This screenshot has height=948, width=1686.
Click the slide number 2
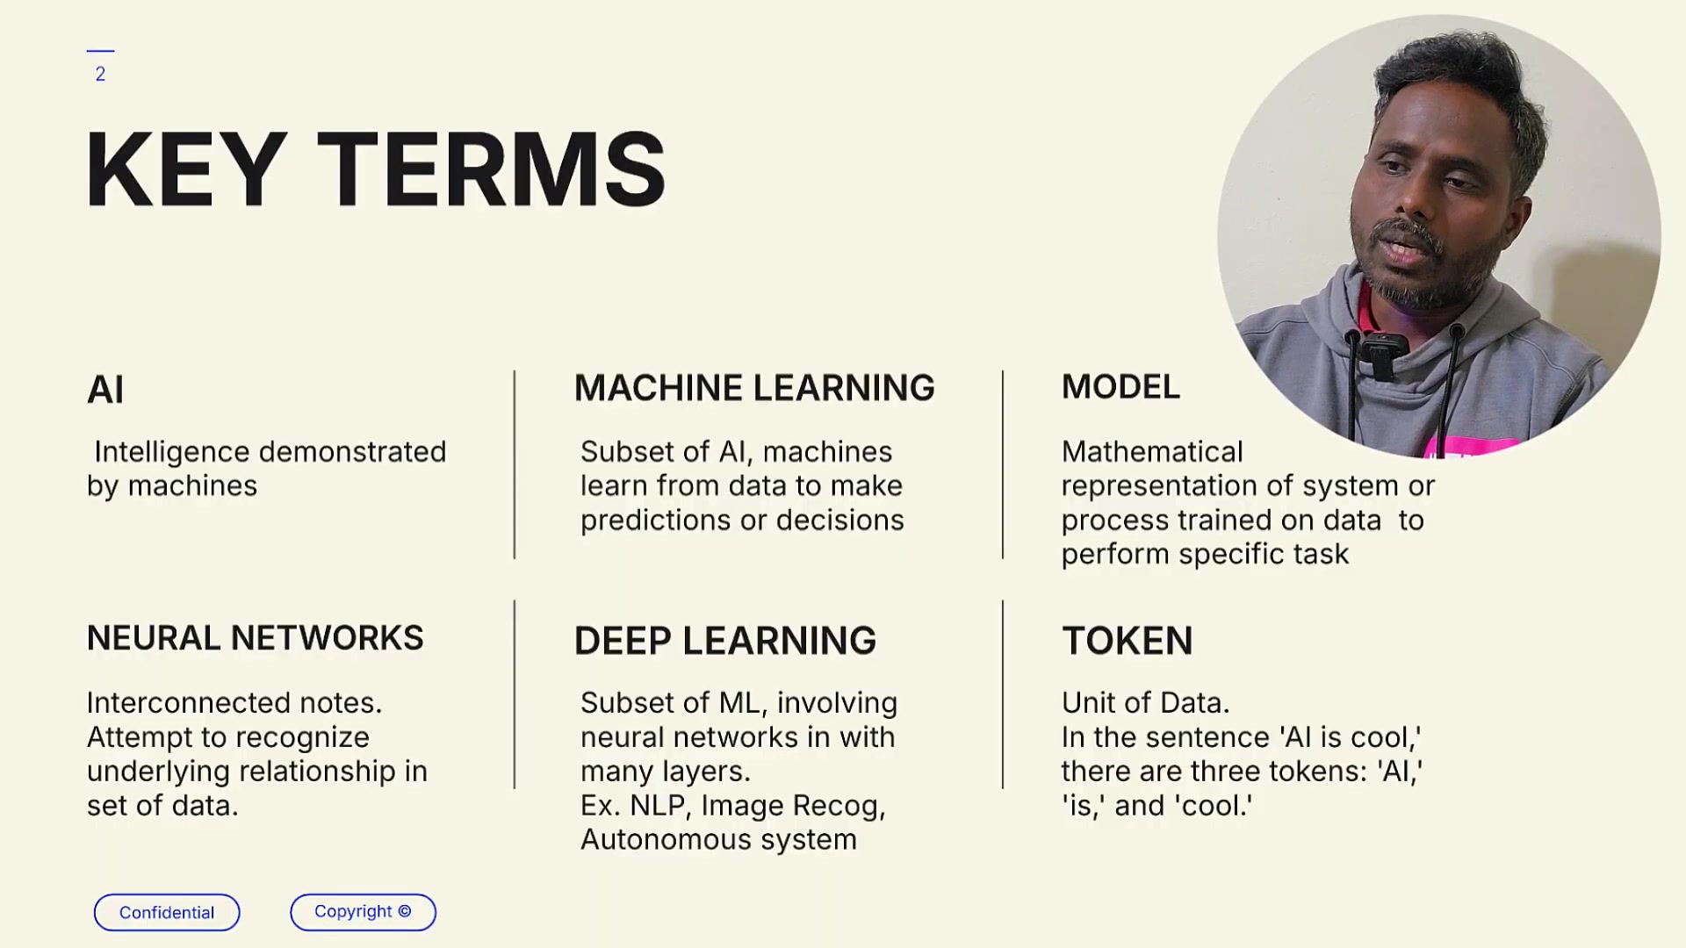(x=100, y=75)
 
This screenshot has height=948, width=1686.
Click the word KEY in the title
(x=186, y=169)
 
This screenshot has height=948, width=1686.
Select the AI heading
(x=105, y=390)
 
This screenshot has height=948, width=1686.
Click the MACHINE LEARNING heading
(x=754, y=388)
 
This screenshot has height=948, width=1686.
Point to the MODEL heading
(x=1120, y=387)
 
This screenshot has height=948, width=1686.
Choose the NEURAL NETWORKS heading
(x=255, y=638)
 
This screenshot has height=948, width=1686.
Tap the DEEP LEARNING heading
(x=725, y=641)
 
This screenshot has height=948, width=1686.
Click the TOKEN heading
(x=1128, y=641)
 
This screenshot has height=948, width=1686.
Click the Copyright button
(x=363, y=912)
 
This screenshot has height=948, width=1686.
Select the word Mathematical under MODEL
(x=1152, y=452)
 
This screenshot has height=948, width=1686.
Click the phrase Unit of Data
(x=1145, y=703)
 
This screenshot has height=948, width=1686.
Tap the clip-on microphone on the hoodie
(x=1382, y=355)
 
